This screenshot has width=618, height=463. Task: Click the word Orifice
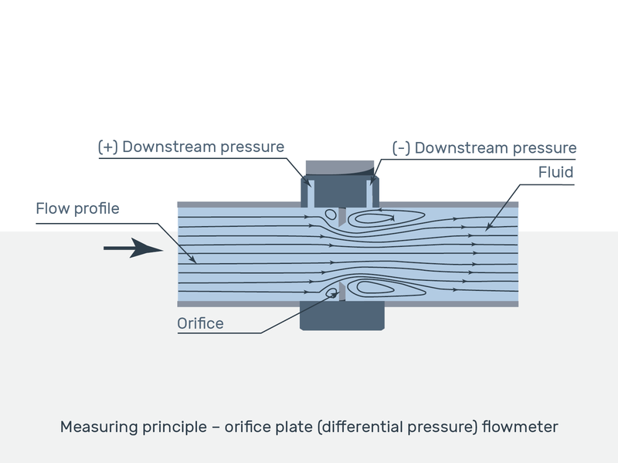pyautogui.click(x=200, y=323)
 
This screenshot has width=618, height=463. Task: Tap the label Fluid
pyautogui.click(x=555, y=172)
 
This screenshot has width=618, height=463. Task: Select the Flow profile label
pyautogui.click(x=77, y=209)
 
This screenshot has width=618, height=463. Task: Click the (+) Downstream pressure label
pyautogui.click(x=191, y=147)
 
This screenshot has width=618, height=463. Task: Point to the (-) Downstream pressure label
pyautogui.click(x=484, y=147)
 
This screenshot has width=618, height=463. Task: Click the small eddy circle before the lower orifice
pyautogui.click(x=332, y=291)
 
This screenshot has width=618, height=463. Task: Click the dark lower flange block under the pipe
pyautogui.click(x=342, y=316)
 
